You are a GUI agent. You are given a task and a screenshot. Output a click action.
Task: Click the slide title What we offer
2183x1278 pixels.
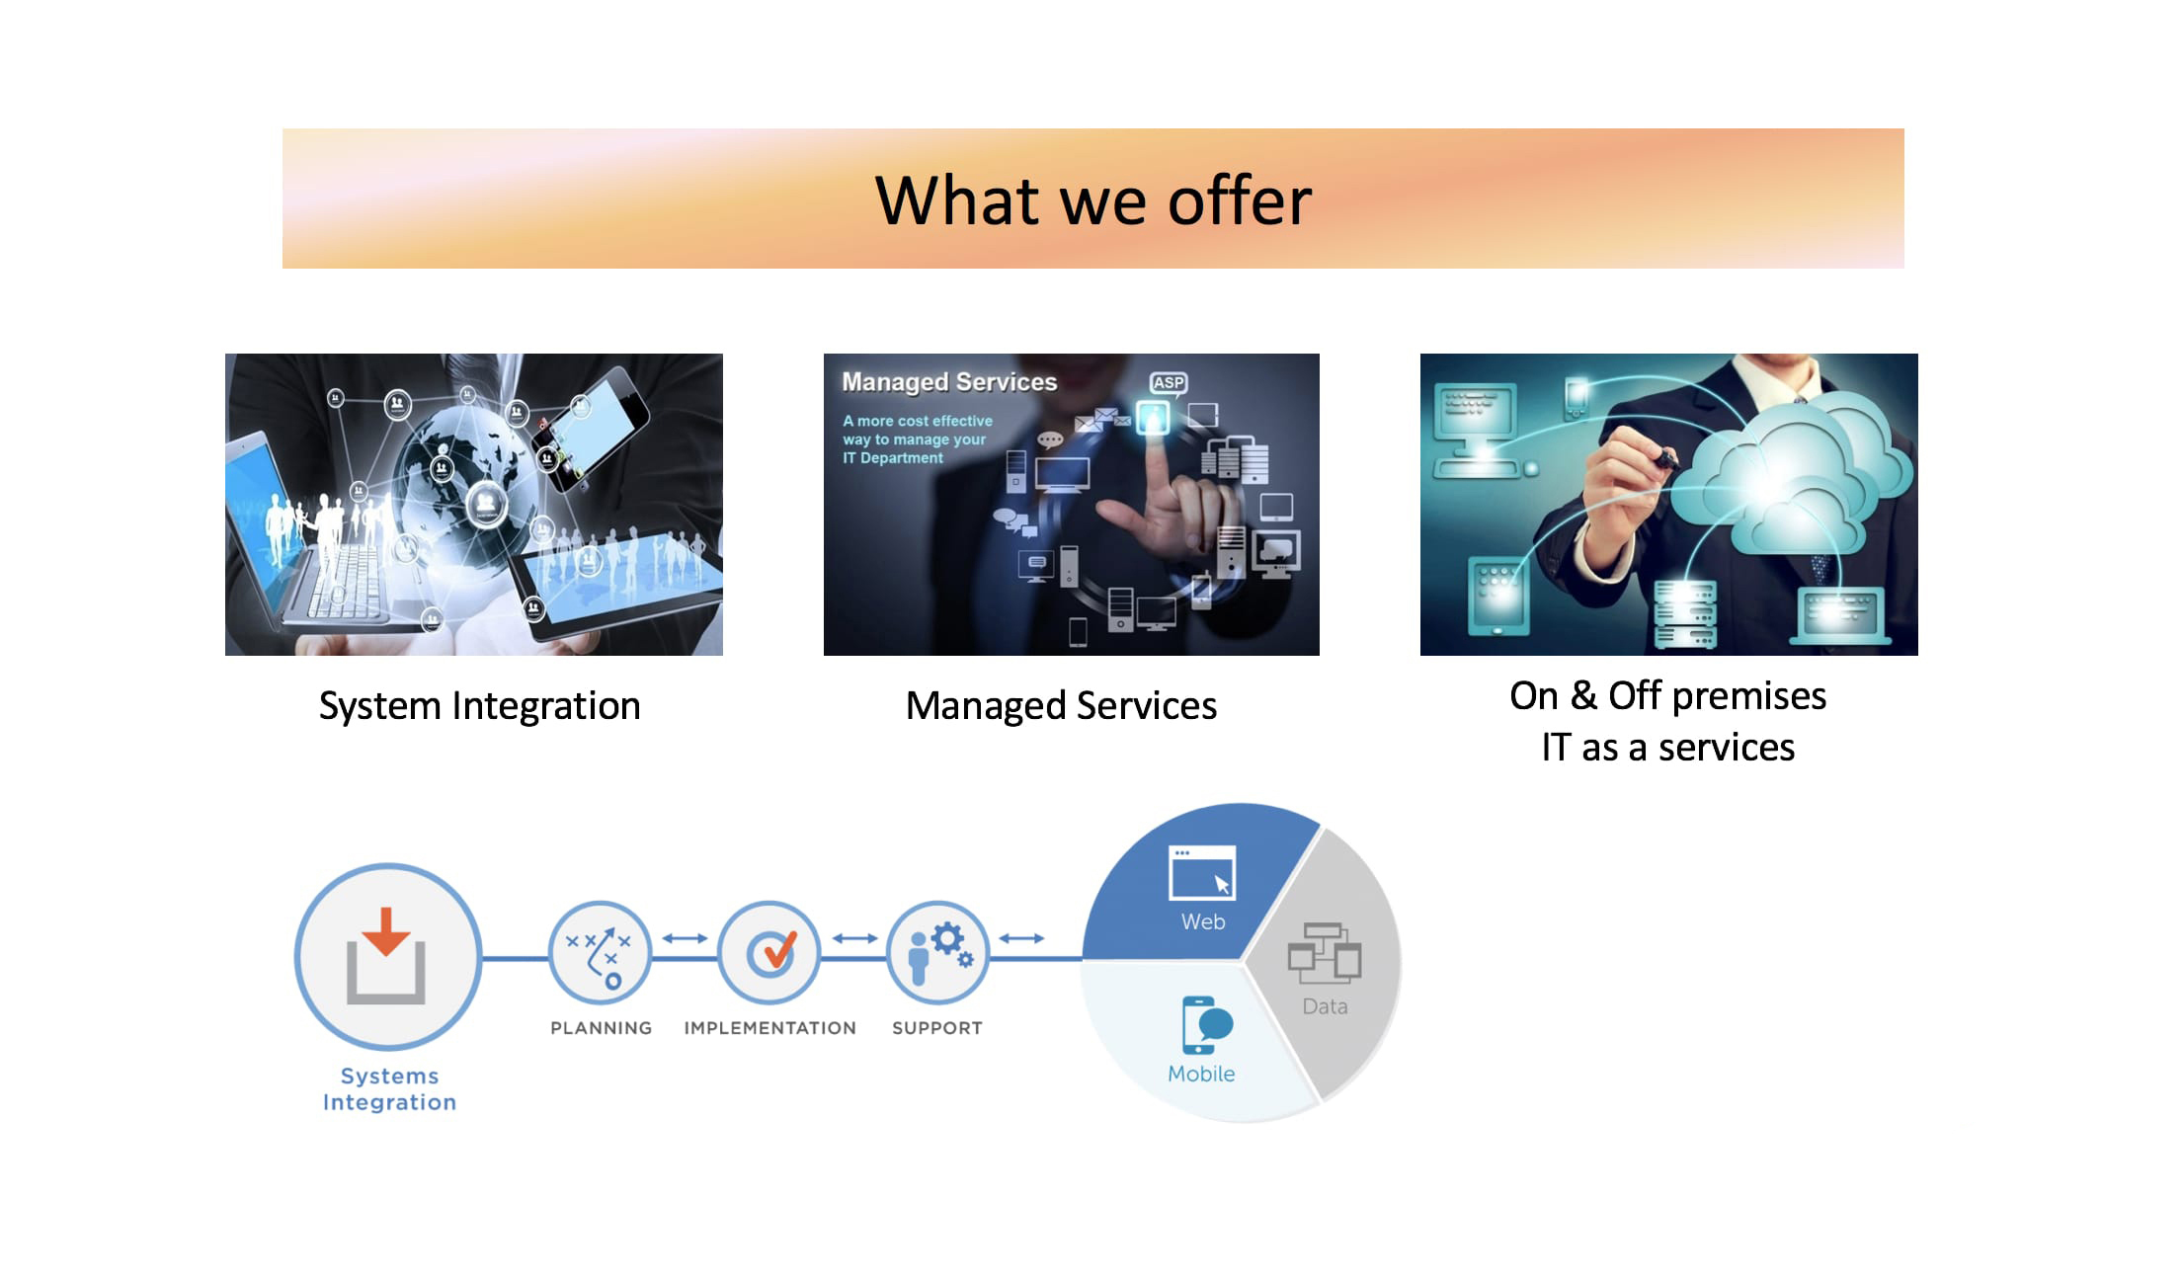(x=1092, y=200)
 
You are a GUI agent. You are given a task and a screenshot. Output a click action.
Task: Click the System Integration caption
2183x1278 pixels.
(x=479, y=706)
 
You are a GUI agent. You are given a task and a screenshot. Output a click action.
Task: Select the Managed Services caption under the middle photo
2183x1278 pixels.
(x=1061, y=706)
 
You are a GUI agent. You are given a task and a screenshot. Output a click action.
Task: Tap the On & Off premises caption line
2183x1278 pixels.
(x=1667, y=696)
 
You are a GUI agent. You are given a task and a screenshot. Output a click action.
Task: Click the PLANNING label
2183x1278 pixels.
(x=601, y=1028)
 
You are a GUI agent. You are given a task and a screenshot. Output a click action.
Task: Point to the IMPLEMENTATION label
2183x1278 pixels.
(x=769, y=1028)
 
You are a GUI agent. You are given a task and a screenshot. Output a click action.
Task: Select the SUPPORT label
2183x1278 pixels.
(x=937, y=1028)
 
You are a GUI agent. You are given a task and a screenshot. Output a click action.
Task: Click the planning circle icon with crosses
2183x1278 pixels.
(x=600, y=953)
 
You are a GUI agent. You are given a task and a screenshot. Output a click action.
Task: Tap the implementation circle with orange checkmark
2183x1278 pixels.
(x=769, y=953)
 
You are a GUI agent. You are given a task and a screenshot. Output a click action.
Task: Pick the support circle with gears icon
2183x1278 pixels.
(x=937, y=953)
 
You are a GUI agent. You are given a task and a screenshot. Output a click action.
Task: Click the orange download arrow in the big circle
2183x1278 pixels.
(x=385, y=930)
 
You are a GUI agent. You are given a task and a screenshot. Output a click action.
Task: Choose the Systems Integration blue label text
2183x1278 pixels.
(x=389, y=1088)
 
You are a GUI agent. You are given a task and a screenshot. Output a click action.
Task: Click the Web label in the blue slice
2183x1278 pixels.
(x=1203, y=921)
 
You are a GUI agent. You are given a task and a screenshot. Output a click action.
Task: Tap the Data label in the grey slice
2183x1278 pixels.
(x=1325, y=1006)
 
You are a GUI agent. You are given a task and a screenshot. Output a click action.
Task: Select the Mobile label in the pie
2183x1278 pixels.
(x=1201, y=1074)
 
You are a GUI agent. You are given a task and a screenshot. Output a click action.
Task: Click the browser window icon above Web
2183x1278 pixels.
(x=1202, y=872)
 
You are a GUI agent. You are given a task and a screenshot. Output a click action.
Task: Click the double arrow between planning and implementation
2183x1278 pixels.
(x=685, y=938)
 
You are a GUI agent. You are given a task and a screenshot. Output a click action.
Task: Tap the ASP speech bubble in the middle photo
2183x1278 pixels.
(x=1169, y=383)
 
